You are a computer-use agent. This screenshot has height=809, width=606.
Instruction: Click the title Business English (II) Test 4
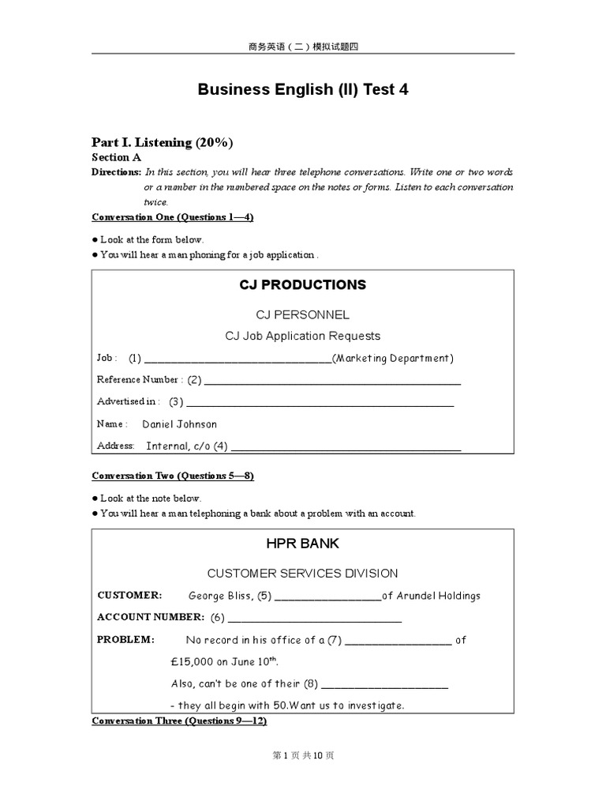pos(303,89)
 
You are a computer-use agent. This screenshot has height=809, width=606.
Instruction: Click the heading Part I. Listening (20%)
pos(163,142)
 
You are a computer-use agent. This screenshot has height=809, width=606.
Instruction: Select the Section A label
pos(116,157)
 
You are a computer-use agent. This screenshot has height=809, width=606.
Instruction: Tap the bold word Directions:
pos(116,171)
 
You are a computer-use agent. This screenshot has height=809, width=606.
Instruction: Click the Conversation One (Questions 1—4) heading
pos(173,216)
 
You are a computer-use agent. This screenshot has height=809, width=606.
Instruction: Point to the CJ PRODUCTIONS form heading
pos(303,284)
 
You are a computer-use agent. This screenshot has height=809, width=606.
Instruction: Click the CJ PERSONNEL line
pos(303,314)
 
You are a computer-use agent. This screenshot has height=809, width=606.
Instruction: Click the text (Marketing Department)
pos(393,358)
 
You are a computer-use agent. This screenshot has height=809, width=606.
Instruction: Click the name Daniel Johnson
pos(179,424)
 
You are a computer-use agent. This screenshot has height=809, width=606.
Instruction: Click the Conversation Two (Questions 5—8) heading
pos(173,476)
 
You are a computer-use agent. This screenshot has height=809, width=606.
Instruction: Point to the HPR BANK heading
pos(303,544)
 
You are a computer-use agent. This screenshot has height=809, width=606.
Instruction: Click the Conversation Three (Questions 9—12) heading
pos(179,721)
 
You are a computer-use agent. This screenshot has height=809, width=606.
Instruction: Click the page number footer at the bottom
pos(303,755)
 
